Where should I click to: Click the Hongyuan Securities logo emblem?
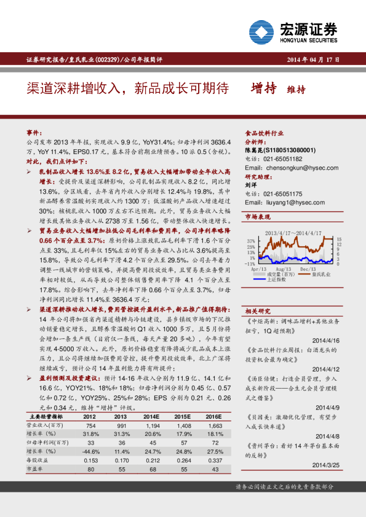pos(262,30)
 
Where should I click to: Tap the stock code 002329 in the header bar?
pos(103,59)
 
